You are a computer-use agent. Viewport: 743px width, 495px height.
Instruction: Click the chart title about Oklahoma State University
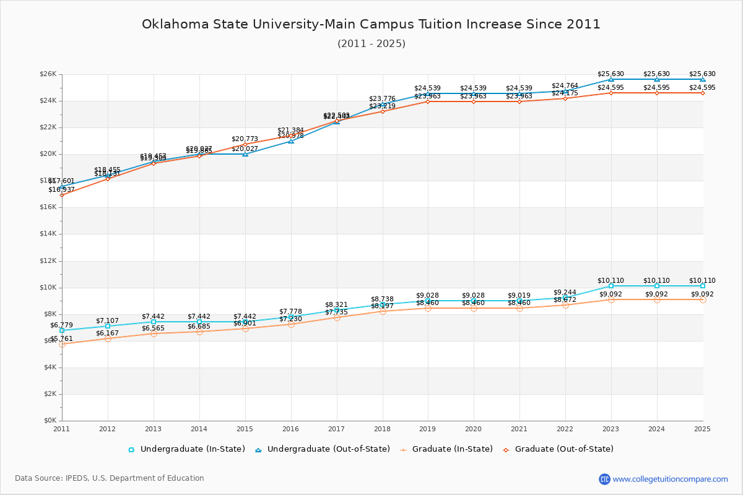pos(371,24)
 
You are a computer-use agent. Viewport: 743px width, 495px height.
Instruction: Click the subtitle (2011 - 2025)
pos(371,43)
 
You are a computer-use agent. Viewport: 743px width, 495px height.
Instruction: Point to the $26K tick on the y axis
pos(48,74)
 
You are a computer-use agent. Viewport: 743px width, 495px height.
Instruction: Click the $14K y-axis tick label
pos(48,234)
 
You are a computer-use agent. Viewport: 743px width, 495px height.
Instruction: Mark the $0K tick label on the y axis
pos(50,421)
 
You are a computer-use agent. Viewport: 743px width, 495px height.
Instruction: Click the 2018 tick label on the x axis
pos(382,429)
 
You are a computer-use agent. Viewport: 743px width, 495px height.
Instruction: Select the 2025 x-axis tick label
pos(702,429)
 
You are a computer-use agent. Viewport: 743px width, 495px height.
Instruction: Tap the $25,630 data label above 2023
pos(610,74)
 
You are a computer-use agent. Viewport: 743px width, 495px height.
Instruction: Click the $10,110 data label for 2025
pos(702,280)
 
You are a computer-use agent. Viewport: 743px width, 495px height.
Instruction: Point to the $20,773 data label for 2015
pos(245,139)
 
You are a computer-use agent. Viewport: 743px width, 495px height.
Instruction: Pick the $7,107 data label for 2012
pos(107,321)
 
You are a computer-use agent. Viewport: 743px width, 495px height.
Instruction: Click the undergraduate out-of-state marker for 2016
pos(291,141)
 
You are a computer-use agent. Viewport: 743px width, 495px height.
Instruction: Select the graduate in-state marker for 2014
pos(199,332)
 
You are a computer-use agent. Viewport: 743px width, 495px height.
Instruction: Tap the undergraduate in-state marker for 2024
pos(656,286)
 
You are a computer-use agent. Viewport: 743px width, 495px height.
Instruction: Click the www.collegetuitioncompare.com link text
pos(670,479)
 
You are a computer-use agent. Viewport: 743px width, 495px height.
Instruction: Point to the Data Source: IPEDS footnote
pos(110,478)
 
